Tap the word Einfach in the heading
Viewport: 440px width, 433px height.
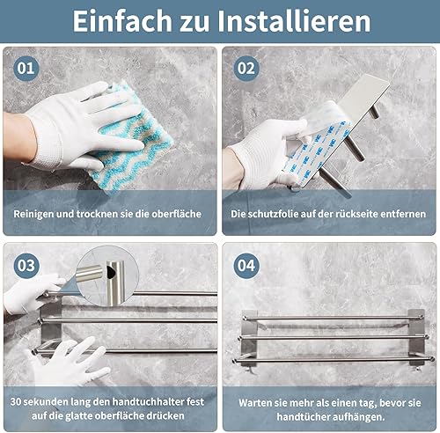tap(122, 20)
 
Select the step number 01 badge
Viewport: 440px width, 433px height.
tap(26, 68)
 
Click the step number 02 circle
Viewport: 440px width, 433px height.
tap(246, 68)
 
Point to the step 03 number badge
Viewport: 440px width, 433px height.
tap(26, 266)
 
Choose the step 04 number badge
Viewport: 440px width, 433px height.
tap(246, 266)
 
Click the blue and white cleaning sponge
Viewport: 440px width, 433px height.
tap(132, 138)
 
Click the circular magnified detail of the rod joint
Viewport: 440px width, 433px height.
tap(107, 275)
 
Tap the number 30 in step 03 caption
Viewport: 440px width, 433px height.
tap(16, 401)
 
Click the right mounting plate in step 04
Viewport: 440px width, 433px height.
tap(416, 337)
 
